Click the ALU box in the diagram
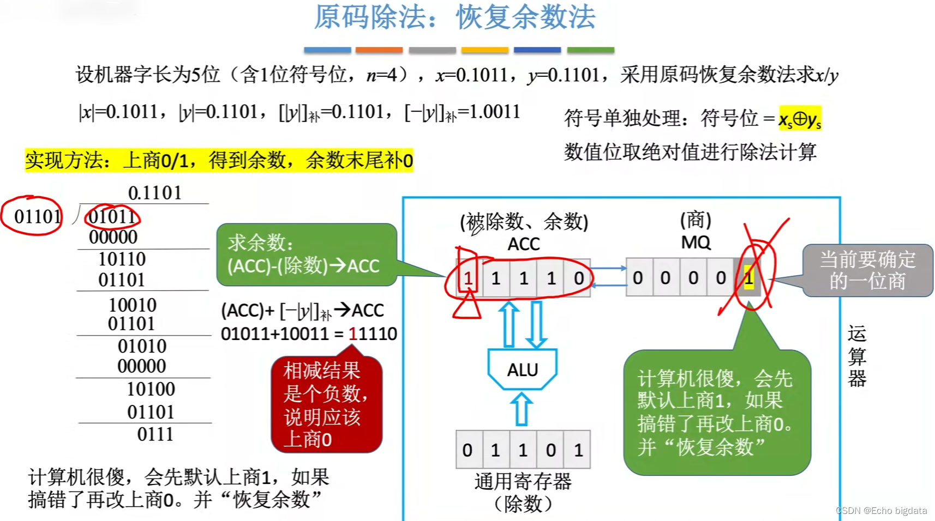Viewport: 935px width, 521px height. tap(522, 369)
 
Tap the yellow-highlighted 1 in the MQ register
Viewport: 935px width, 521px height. tap(748, 278)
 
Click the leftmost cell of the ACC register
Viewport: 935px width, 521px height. tap(468, 278)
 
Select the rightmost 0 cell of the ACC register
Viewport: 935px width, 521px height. tap(578, 278)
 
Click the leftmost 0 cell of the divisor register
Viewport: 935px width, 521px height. tap(468, 450)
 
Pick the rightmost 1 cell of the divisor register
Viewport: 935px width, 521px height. tap(578, 450)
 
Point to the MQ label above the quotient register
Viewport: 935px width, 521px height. tap(696, 242)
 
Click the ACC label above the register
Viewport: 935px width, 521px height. tap(523, 244)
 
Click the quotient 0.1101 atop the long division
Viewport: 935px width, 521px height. tap(154, 193)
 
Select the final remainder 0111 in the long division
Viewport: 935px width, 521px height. tap(155, 434)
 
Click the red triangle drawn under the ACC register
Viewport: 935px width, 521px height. tap(466, 308)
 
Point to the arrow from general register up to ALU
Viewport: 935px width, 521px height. tap(522, 410)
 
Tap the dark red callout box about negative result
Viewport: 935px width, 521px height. tap(326, 404)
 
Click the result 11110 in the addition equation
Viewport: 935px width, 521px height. tap(373, 334)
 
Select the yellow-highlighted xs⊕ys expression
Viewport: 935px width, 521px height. tap(800, 119)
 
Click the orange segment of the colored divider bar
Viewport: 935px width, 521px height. tap(379, 50)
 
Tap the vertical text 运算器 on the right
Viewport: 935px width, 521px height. tap(856, 356)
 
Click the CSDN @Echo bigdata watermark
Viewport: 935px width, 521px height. tap(881, 511)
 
